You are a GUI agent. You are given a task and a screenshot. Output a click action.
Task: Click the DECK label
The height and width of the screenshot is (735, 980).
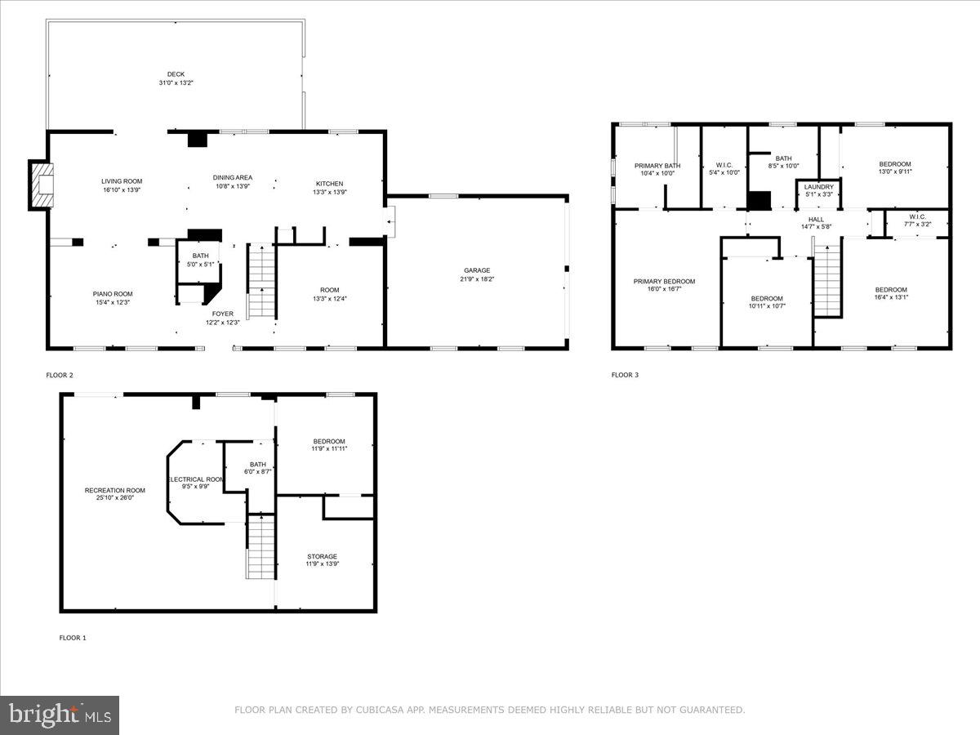click(176, 74)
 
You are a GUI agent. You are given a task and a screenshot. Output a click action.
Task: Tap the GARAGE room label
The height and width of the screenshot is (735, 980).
click(477, 270)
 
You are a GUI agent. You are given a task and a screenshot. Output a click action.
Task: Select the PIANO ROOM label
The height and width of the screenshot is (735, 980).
click(112, 294)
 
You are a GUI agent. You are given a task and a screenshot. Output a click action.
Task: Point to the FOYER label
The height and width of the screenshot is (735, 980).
click(222, 314)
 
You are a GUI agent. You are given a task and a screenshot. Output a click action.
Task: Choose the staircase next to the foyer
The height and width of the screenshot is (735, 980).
click(261, 283)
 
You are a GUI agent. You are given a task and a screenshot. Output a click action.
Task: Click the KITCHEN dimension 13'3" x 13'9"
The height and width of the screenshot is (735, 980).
click(330, 192)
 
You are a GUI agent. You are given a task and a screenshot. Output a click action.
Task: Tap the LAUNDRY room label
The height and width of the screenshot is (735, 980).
click(818, 187)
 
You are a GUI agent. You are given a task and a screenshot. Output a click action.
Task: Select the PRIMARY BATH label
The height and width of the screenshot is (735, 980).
click(657, 166)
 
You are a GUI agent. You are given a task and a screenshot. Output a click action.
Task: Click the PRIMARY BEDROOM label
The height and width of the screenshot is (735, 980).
click(664, 281)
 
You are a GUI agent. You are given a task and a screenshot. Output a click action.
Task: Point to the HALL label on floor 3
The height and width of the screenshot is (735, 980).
click(817, 219)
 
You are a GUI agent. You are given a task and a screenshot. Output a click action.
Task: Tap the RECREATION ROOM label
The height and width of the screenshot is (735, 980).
click(115, 490)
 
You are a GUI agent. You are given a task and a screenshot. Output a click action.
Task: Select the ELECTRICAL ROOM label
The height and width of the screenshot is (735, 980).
click(196, 479)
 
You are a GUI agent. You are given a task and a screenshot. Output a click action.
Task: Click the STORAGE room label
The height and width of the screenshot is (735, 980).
click(322, 557)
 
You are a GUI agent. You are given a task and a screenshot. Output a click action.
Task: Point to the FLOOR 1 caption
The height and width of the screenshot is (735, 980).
click(72, 638)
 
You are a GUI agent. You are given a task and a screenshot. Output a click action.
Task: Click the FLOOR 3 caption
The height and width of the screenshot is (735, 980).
click(625, 376)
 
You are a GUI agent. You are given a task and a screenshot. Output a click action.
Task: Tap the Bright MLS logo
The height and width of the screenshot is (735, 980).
click(60, 715)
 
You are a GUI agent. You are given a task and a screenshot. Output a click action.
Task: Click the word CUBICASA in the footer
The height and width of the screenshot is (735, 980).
click(380, 710)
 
